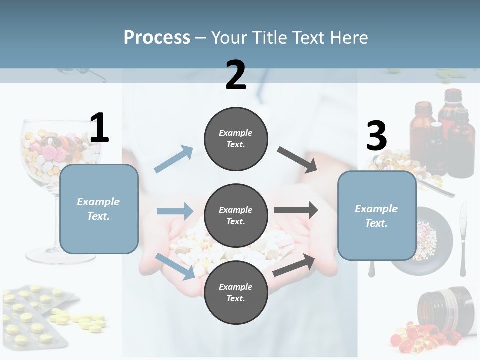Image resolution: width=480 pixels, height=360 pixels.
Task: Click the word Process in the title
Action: tap(157, 37)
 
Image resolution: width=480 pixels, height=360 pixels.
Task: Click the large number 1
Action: tap(99, 128)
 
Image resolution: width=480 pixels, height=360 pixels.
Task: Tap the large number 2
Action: tap(236, 75)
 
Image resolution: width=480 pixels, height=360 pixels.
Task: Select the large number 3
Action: tap(376, 136)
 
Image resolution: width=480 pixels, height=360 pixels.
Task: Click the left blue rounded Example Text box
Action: tap(99, 209)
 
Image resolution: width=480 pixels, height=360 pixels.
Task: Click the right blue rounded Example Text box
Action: tap(377, 216)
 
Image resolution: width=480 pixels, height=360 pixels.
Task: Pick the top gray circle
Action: tap(236, 139)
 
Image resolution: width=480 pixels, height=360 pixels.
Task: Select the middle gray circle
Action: tap(236, 215)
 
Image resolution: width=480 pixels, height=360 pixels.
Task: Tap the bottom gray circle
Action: tap(236, 292)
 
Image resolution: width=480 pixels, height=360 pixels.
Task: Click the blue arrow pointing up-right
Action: tap(174, 159)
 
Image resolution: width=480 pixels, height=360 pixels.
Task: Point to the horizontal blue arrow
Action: tap(175, 211)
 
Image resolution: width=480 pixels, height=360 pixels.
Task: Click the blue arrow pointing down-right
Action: tap(175, 266)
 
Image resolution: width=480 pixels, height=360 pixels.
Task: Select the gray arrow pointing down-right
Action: tap(297, 159)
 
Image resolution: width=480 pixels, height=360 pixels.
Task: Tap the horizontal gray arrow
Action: tap(295, 210)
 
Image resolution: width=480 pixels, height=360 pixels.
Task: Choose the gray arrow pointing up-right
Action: tap(294, 265)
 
